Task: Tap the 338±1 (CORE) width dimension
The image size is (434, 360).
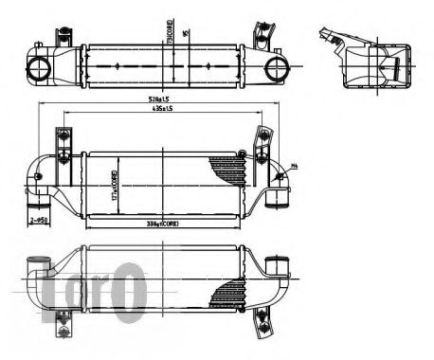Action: click(x=163, y=225)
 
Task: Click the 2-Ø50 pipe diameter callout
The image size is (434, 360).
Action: click(x=39, y=220)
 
